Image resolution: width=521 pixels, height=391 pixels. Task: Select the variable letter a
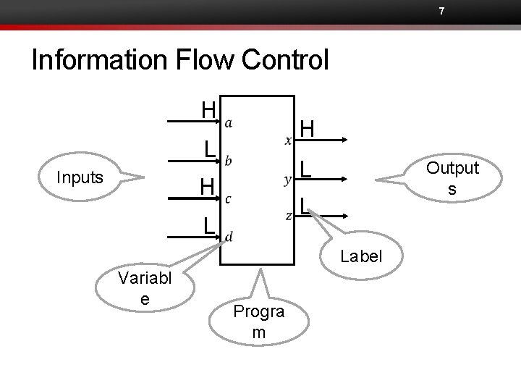click(229, 124)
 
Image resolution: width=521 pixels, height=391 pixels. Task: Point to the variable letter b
click(229, 160)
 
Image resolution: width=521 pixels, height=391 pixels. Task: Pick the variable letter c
click(229, 198)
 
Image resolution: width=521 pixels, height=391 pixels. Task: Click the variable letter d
click(229, 236)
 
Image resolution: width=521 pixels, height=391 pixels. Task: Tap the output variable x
click(289, 139)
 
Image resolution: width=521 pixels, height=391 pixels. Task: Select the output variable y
click(289, 177)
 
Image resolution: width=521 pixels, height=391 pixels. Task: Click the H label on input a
click(208, 111)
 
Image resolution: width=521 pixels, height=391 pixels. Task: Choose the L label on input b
click(208, 148)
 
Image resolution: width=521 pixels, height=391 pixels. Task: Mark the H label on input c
click(208, 187)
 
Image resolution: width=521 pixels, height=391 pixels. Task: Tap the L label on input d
click(208, 225)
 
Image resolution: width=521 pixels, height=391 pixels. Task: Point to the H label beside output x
click(308, 130)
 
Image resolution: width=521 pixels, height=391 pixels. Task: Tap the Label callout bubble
click(360, 256)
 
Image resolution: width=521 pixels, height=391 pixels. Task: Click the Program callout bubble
click(258, 321)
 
